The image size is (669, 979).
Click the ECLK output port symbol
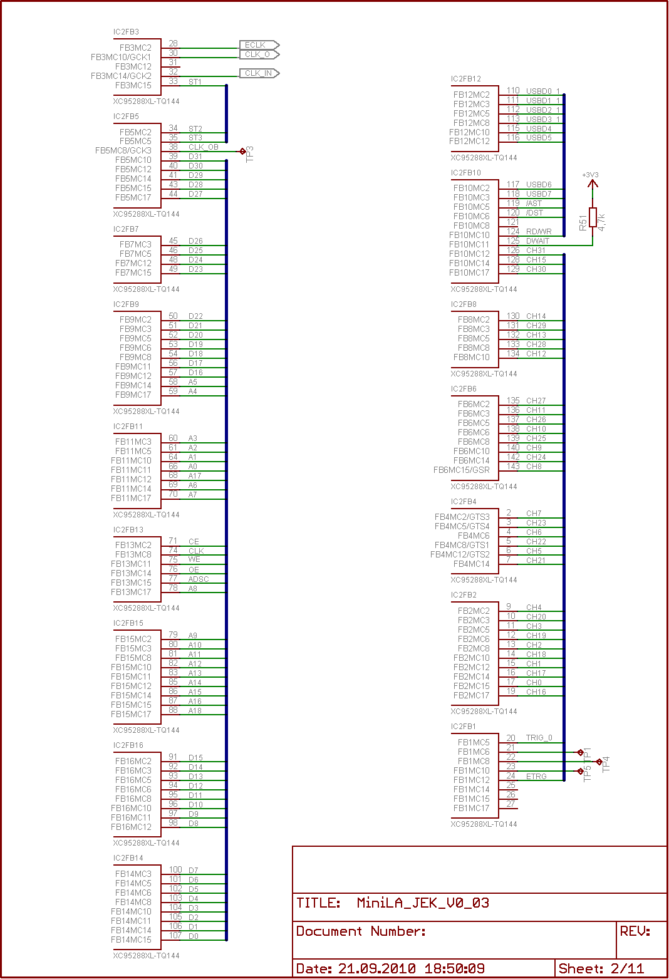click(x=259, y=45)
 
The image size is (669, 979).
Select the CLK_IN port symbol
click(x=259, y=73)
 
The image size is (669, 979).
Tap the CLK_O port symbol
click(x=259, y=54)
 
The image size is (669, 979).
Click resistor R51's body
click(x=593, y=217)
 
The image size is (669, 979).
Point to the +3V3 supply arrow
click(x=593, y=184)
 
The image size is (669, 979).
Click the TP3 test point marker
click(x=242, y=151)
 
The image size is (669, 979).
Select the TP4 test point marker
click(x=599, y=762)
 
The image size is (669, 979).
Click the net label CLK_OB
click(x=203, y=147)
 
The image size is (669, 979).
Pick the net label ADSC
click(x=199, y=579)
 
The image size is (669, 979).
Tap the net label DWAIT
click(x=537, y=241)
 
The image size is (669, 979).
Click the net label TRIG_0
click(x=539, y=738)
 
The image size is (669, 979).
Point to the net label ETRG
click(x=536, y=776)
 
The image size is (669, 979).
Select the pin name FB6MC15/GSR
click(x=462, y=470)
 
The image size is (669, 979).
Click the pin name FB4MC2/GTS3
click(x=462, y=517)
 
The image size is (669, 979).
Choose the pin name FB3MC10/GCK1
click(x=121, y=57)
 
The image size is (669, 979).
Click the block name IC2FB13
click(x=128, y=530)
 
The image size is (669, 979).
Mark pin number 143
click(x=513, y=467)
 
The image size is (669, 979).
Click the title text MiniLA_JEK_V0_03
click(x=423, y=903)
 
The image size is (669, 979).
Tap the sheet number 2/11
click(x=627, y=968)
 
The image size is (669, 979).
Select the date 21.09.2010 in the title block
click(x=376, y=968)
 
